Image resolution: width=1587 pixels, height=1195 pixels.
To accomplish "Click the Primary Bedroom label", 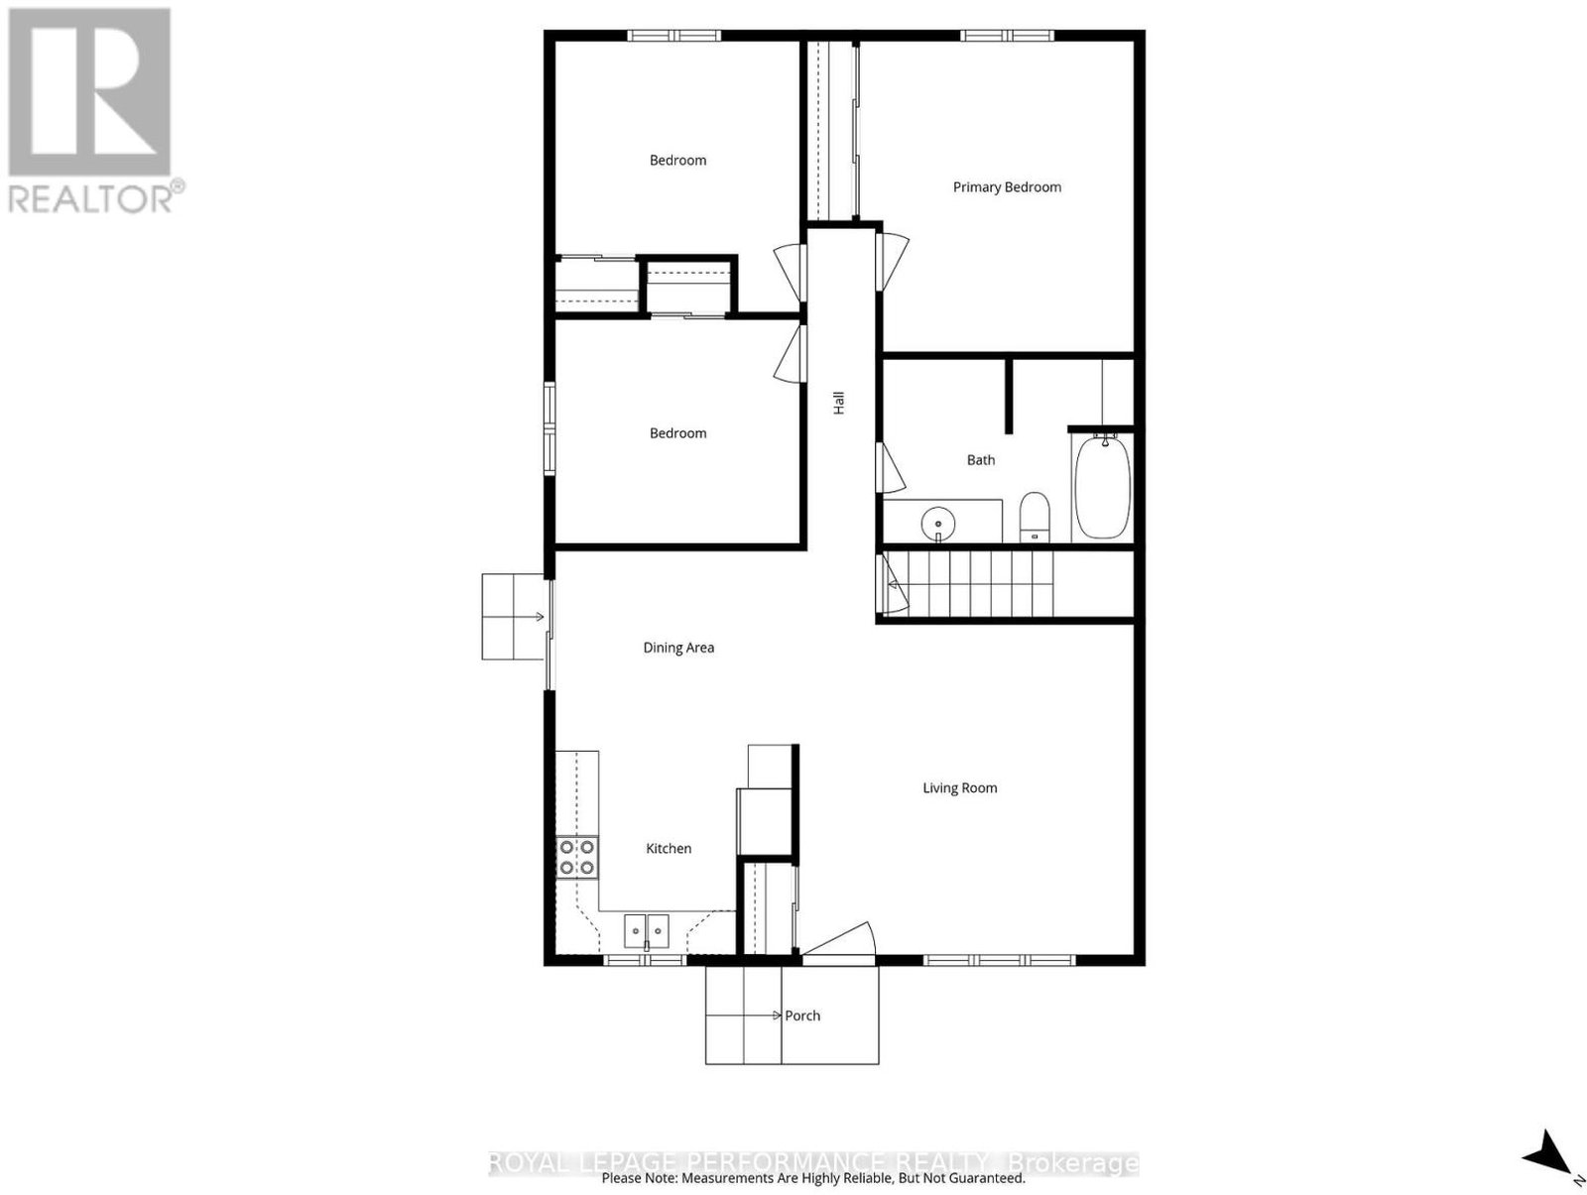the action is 1007,187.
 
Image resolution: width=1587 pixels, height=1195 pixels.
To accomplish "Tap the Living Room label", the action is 959,788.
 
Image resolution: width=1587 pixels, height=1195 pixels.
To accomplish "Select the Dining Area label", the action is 678,648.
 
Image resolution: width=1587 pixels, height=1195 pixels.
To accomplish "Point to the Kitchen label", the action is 669,849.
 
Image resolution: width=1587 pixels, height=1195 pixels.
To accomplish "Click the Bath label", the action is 980,460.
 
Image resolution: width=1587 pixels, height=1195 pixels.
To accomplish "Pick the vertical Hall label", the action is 839,403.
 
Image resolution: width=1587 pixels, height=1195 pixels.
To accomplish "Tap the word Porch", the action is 802,1016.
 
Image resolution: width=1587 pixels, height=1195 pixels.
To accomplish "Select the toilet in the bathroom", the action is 1034,517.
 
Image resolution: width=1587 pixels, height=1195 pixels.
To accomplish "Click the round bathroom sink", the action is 937,522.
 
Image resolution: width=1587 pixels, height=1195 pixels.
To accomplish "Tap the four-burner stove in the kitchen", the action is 577,858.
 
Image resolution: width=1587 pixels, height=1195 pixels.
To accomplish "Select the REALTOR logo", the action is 91,111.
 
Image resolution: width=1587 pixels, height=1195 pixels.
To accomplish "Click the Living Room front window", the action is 999,960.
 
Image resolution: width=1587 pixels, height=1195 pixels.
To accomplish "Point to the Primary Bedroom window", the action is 1007,35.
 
